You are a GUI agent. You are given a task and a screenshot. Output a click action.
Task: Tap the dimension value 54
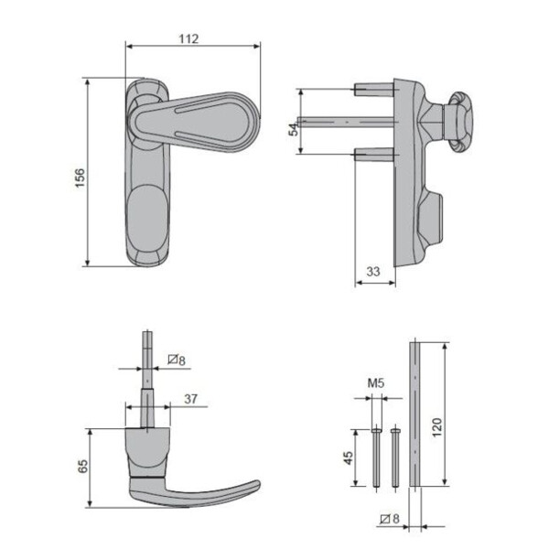(x=294, y=127)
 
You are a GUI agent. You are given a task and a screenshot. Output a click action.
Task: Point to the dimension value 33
(x=373, y=272)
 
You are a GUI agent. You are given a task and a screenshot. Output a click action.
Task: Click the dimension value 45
(x=349, y=457)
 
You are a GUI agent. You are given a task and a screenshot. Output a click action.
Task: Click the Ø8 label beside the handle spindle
(x=178, y=361)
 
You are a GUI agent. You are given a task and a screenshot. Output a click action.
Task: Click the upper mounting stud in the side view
(x=371, y=89)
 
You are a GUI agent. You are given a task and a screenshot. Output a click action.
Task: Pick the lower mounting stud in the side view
(x=371, y=153)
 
